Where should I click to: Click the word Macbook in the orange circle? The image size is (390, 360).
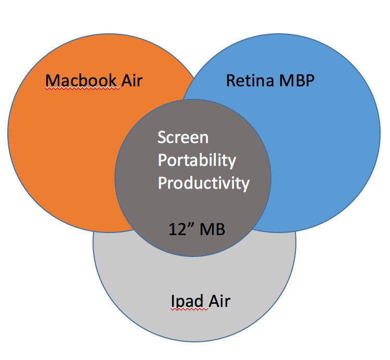pyautogui.click(x=81, y=80)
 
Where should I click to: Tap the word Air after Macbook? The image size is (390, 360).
pyautogui.click(x=132, y=80)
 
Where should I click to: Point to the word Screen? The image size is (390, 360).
pyautogui.click(x=183, y=137)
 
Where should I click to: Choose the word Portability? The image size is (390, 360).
pyautogui.click(x=197, y=160)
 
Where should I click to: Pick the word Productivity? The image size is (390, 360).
pyautogui.click(x=204, y=183)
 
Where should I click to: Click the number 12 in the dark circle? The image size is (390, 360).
pyautogui.click(x=177, y=229)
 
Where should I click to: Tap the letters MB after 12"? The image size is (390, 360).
pyautogui.click(x=212, y=229)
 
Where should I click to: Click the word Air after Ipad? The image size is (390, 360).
pyautogui.click(x=219, y=301)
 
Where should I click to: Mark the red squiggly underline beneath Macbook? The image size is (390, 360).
pyautogui.click(x=83, y=88)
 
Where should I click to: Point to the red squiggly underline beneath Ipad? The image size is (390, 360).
pyautogui.click(x=189, y=309)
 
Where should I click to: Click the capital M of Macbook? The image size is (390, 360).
pyautogui.click(x=52, y=80)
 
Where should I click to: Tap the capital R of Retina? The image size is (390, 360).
pyautogui.click(x=230, y=81)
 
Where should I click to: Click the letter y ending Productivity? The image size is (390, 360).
pyautogui.click(x=245, y=185)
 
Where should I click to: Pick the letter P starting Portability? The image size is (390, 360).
pyautogui.click(x=162, y=160)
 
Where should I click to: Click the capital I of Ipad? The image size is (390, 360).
pyautogui.click(x=173, y=301)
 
